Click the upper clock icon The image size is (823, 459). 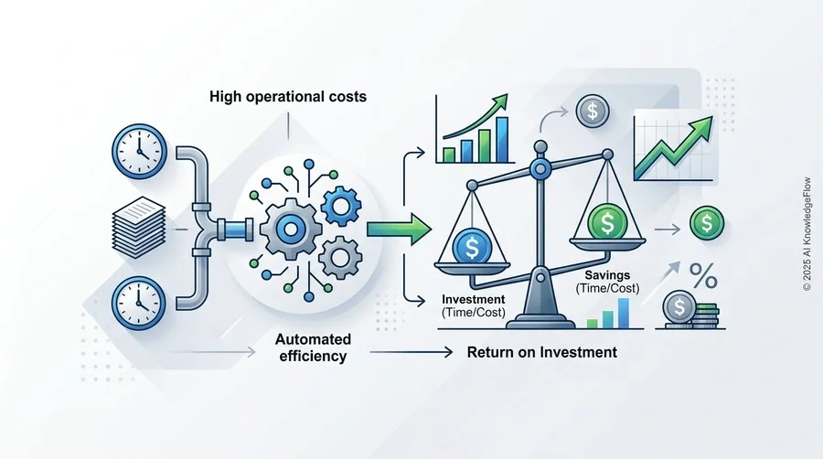pyautogui.click(x=139, y=151)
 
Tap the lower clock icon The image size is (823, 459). pyautogui.click(x=139, y=304)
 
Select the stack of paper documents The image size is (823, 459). pyautogui.click(x=139, y=227)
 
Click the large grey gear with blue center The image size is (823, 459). pyautogui.click(x=290, y=229)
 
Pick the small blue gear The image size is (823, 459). pyautogui.click(x=341, y=206)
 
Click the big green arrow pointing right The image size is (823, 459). pyautogui.click(x=399, y=229)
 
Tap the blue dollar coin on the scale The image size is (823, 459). pyautogui.click(x=472, y=248)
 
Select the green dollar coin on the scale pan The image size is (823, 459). pyautogui.click(x=607, y=222)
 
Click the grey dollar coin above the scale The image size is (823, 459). pyautogui.click(x=593, y=112)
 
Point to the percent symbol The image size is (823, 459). pyautogui.click(x=703, y=275)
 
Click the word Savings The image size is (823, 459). pyautogui.click(x=607, y=275)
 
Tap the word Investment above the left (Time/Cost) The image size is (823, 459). pyautogui.click(x=474, y=300)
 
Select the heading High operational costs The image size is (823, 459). pyautogui.click(x=288, y=97)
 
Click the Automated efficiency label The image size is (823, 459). pyautogui.click(x=313, y=347)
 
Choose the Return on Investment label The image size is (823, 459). pyautogui.click(x=542, y=352)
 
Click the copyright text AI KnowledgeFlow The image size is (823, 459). pyautogui.click(x=807, y=234)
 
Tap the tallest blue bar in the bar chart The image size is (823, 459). pyautogui.click(x=502, y=140)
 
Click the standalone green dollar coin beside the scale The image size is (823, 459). pyautogui.click(x=707, y=223)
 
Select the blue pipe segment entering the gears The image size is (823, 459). pyautogui.click(x=236, y=229)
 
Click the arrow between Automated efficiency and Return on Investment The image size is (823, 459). pyautogui.click(x=411, y=352)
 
